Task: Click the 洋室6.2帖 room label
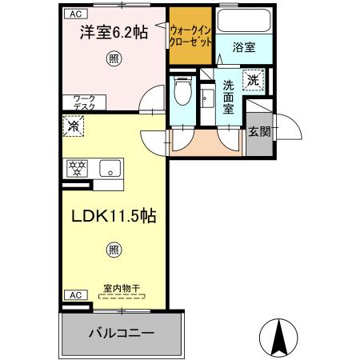(112, 33)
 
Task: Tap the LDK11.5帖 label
(115, 217)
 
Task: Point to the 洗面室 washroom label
(229, 96)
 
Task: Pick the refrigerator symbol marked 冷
(73, 125)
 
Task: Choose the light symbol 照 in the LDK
(115, 250)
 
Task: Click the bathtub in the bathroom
(244, 23)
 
